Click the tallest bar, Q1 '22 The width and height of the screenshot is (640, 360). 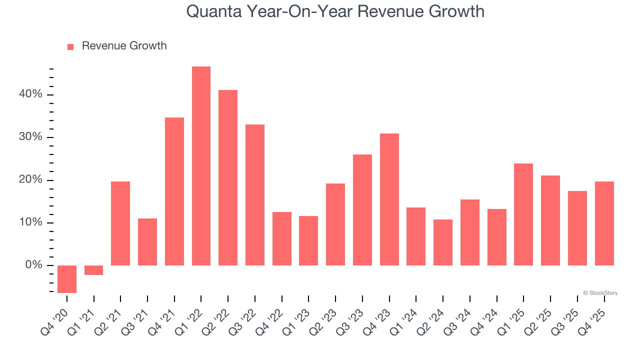[x=201, y=166]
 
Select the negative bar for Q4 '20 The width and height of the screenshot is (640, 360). [x=67, y=279]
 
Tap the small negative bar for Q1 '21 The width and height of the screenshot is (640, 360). [x=93, y=270]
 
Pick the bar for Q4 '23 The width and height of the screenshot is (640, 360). [x=389, y=199]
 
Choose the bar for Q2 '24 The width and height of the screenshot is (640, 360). [x=443, y=242]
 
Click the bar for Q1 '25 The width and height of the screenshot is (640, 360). [x=523, y=214]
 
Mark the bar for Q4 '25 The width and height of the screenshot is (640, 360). [x=604, y=223]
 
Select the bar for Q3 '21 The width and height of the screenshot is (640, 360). [x=147, y=242]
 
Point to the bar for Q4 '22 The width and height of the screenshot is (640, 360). [x=281, y=238]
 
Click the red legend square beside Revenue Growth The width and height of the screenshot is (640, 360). [x=70, y=46]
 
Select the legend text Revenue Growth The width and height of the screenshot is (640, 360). [x=124, y=46]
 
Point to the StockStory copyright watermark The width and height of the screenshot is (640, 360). [x=600, y=293]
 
